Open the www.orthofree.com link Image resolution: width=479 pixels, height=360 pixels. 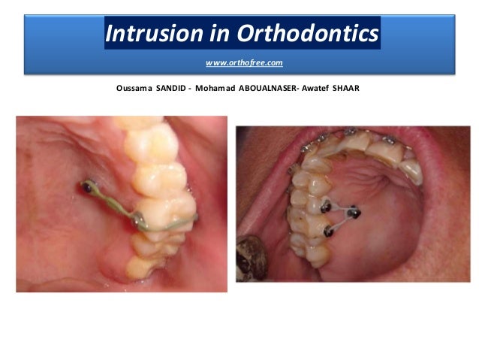(244, 62)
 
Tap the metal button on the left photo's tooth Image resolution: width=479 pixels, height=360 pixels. (138, 219)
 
